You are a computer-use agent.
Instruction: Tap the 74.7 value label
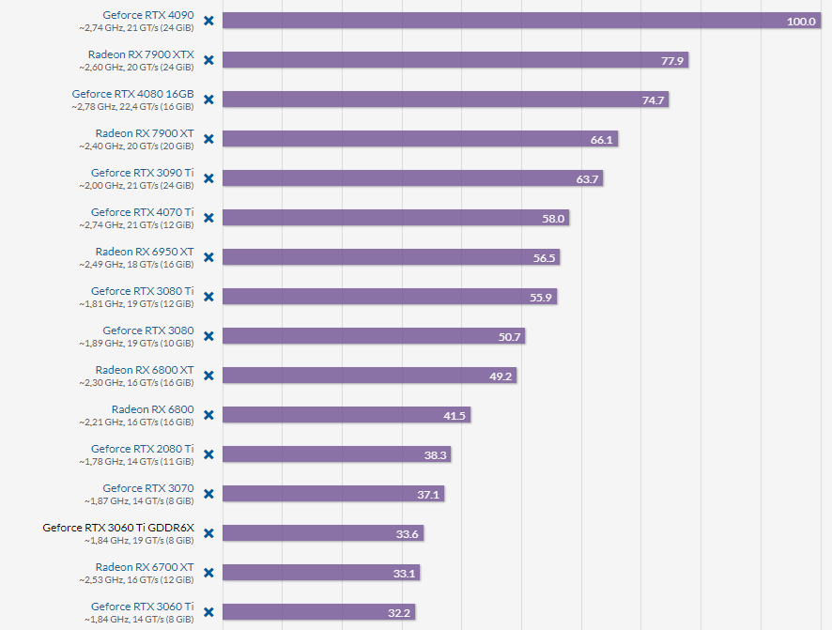(654, 100)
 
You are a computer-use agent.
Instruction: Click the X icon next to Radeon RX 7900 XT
(208, 139)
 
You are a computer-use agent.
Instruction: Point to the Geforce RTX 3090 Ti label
(142, 173)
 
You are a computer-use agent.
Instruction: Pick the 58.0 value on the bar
(554, 219)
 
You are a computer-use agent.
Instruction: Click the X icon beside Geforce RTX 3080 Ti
(208, 297)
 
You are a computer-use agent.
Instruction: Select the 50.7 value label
(509, 337)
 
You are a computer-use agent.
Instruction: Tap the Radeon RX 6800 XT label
(145, 370)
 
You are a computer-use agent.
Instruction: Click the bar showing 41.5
(347, 415)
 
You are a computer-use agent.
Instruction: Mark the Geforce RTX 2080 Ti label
(142, 449)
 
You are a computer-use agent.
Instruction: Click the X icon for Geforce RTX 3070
(208, 494)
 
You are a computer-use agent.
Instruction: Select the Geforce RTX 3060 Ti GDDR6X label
(118, 528)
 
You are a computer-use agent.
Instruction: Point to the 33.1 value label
(406, 574)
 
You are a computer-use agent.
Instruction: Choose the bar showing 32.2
(319, 612)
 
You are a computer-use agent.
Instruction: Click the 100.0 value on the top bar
(801, 22)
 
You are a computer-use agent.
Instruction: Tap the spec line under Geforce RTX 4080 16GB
(132, 107)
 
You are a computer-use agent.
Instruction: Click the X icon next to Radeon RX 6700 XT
(208, 573)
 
